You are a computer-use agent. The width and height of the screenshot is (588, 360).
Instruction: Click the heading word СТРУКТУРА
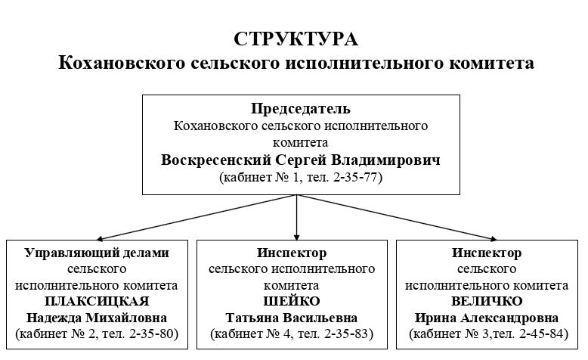pos(296,39)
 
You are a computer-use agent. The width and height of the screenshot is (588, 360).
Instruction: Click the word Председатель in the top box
pos(301,109)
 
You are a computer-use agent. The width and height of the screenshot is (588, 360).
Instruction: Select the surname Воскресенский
pos(216,160)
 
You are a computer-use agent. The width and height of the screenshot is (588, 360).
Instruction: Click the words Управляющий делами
pos(97,253)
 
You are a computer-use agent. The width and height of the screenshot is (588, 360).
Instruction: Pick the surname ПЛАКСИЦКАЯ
pos(97,301)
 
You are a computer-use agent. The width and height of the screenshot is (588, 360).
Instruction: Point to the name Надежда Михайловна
pos(97,318)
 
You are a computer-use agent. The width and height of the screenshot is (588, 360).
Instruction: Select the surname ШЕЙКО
pos(292,301)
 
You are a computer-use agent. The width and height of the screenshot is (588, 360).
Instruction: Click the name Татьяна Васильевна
pos(292,318)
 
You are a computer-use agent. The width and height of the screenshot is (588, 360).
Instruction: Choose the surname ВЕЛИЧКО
pos(487,301)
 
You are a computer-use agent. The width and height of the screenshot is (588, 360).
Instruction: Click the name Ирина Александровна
pos(487,318)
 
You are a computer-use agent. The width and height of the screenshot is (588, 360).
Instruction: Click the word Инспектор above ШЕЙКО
pos(292,253)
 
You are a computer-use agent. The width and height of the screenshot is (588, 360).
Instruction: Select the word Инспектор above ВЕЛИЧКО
pos(487,253)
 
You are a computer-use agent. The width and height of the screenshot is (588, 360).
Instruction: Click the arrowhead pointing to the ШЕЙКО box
pos(296,237)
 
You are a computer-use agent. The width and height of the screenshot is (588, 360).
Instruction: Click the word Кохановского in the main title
pos(122,63)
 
